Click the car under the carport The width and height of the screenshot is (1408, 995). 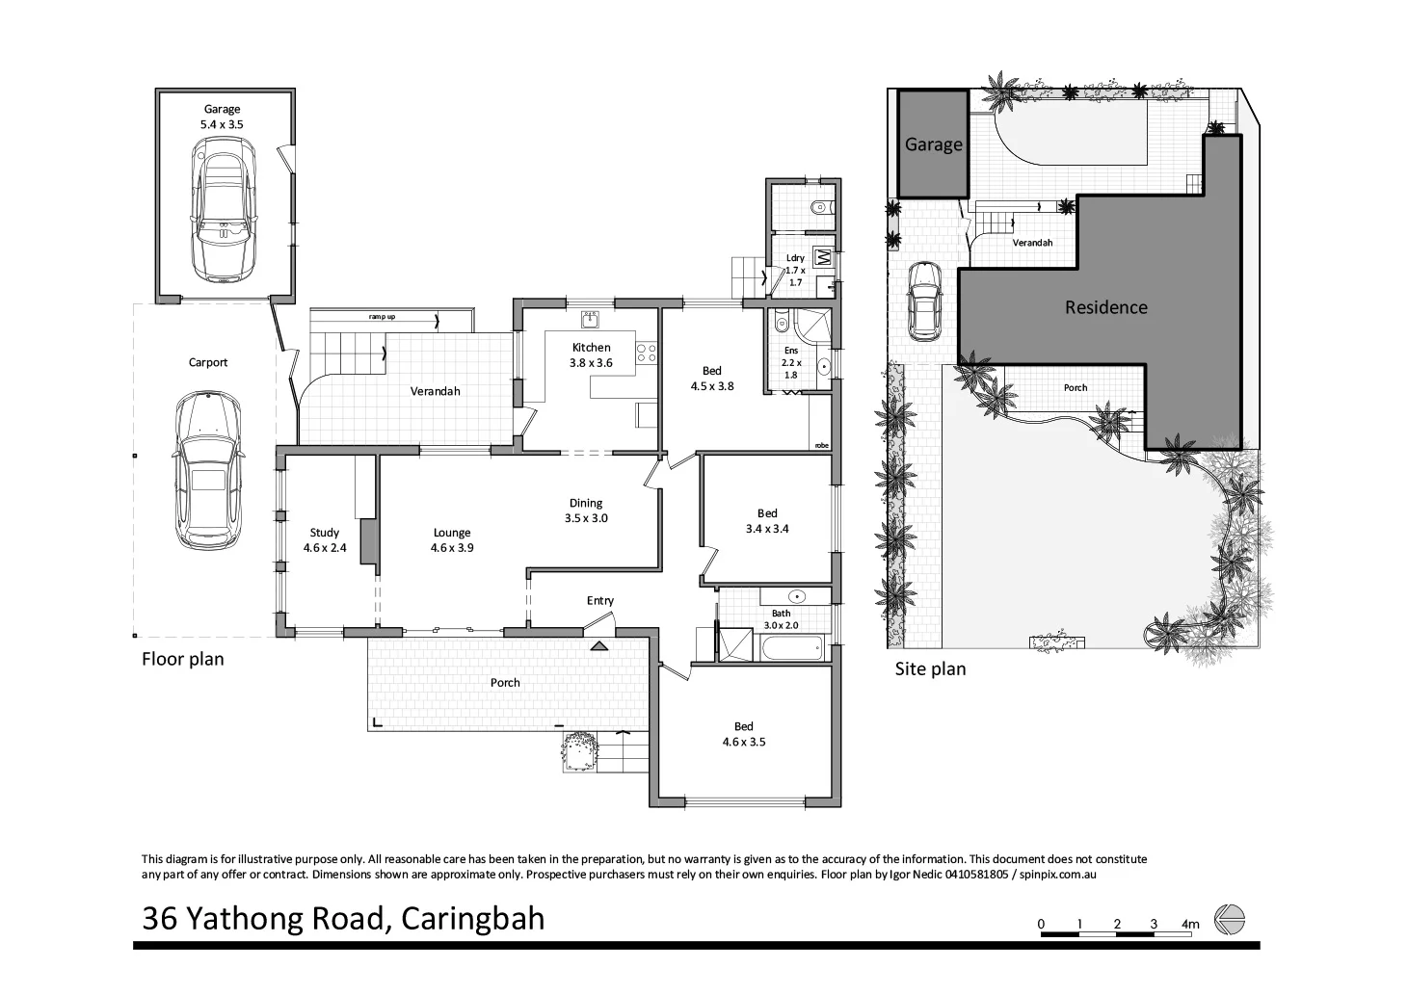click(208, 471)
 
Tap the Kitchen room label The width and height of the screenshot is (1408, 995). click(591, 348)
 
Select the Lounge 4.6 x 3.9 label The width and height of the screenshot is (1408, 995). click(451, 539)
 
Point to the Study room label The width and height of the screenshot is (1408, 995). click(324, 539)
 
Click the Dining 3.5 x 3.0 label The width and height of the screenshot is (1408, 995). click(585, 510)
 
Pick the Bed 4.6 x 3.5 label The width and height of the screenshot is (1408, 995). click(743, 734)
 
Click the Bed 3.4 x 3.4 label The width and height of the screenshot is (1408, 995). click(766, 520)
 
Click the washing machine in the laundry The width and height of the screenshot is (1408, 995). click(823, 257)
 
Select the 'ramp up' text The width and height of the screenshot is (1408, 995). click(382, 317)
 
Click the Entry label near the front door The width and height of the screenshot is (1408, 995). click(599, 601)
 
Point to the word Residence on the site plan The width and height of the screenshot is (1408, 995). click(1105, 307)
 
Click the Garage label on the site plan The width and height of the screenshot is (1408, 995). click(932, 144)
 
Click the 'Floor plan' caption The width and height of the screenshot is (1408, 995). click(182, 659)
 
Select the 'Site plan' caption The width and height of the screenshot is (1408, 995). click(930, 668)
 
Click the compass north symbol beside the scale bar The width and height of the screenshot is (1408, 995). click(1229, 919)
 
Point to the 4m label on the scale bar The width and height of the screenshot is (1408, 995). click(1190, 925)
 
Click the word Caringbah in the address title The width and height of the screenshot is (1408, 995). click(472, 918)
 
